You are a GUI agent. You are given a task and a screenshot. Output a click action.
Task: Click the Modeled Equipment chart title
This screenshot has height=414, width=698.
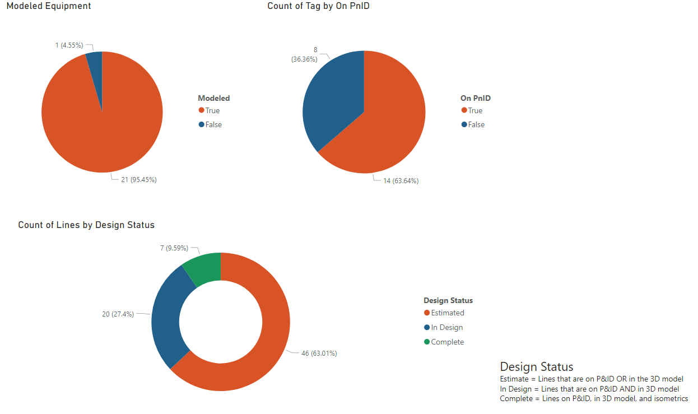(49, 6)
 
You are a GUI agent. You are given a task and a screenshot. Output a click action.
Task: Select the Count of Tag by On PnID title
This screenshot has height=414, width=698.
(318, 6)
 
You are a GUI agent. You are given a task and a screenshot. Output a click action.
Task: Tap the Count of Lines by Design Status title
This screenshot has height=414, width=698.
(86, 225)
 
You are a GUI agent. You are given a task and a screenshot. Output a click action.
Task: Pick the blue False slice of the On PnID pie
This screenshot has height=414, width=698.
(331, 101)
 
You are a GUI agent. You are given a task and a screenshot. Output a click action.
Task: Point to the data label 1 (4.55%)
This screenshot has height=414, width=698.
(69, 45)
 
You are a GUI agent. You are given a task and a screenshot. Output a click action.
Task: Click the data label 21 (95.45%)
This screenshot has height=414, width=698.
(138, 180)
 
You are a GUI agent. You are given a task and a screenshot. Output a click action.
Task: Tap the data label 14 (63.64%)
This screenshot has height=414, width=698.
(401, 180)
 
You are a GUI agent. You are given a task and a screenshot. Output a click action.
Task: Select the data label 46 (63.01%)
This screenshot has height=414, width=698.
(319, 353)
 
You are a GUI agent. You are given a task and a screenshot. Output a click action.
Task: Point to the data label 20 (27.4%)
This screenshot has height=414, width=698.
(118, 314)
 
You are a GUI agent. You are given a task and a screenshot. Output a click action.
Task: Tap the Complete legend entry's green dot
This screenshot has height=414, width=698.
(427, 342)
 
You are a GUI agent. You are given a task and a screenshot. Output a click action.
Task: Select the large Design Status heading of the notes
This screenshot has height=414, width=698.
(536, 367)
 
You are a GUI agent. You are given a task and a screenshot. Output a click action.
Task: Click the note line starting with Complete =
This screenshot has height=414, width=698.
(593, 399)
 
